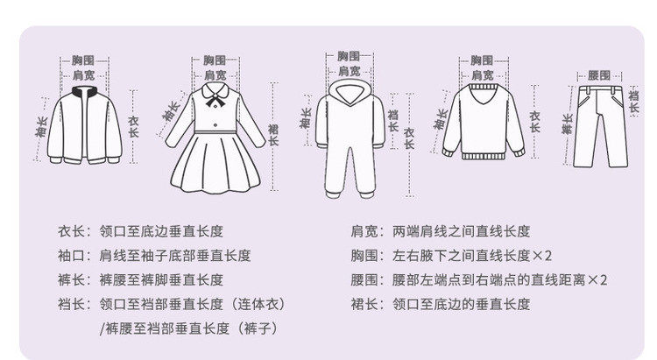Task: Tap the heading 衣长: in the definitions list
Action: tap(74, 232)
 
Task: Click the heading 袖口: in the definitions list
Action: tap(74, 256)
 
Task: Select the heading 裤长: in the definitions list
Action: tap(74, 280)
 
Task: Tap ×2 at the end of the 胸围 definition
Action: tap(542, 256)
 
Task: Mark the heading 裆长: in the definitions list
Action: tap(74, 305)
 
